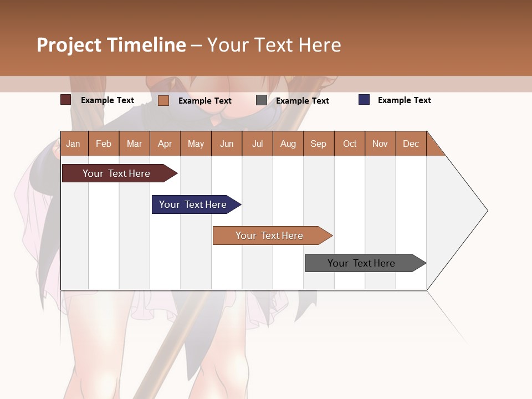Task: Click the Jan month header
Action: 74,144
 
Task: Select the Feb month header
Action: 104,144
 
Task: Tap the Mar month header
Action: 134,144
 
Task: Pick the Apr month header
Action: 165,144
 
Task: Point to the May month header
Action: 196,144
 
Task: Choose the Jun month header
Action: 227,144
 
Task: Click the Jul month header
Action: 257,144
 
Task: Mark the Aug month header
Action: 288,144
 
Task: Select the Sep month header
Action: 319,144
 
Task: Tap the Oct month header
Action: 350,144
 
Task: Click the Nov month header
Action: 380,144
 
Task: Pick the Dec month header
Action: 411,144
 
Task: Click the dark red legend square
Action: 66,100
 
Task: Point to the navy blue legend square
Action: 364,100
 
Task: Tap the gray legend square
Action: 262,100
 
